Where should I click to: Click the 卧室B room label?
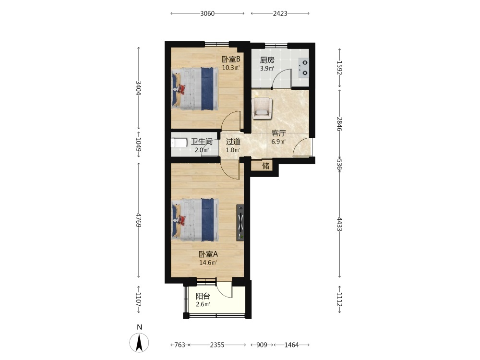(231, 59)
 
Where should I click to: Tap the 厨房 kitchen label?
(267, 60)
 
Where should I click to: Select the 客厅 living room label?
(278, 133)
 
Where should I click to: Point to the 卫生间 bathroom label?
(202, 142)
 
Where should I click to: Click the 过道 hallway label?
(233, 142)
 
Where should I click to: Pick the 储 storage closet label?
(266, 166)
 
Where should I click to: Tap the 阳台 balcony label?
(203, 296)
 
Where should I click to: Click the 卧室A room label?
(208, 254)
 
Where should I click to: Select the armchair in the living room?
(262, 108)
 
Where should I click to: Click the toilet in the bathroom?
(179, 143)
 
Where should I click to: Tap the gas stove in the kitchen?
(304, 68)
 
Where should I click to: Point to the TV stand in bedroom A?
(240, 222)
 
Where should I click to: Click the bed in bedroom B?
(195, 89)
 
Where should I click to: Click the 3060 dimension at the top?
(207, 13)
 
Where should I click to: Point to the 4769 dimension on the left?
(138, 220)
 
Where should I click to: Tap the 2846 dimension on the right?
(339, 124)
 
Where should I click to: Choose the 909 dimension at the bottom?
(262, 345)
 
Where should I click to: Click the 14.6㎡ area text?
(208, 263)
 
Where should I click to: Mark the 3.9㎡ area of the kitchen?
(267, 68)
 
